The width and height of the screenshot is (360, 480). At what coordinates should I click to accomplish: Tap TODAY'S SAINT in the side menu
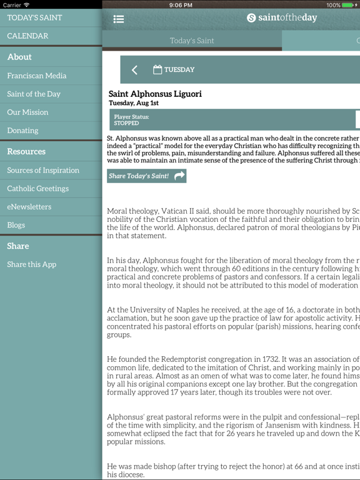click(34, 17)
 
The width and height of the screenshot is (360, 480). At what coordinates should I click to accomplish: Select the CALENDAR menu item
click(27, 36)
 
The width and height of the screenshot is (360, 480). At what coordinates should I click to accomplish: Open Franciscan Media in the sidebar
click(37, 76)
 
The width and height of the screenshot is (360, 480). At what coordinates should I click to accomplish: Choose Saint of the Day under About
click(34, 94)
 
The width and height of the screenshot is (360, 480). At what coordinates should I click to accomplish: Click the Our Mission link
click(27, 112)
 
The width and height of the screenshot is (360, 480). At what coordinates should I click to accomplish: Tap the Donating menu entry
click(22, 131)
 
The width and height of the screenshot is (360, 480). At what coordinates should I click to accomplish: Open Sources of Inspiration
click(43, 170)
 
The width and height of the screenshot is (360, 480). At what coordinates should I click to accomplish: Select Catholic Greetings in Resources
click(38, 188)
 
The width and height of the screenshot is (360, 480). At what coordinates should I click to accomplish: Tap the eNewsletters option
click(29, 207)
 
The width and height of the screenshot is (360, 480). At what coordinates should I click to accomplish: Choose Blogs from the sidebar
click(16, 225)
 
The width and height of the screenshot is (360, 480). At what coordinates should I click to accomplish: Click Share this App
click(32, 264)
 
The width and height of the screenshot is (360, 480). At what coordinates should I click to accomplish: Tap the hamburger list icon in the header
click(119, 19)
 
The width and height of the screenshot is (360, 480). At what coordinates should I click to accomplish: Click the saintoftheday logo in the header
click(282, 18)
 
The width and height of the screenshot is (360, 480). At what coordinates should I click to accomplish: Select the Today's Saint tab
click(192, 41)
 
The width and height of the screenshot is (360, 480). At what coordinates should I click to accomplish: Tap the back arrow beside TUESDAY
click(134, 70)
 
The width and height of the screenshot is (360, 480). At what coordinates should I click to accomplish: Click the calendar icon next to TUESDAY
click(157, 69)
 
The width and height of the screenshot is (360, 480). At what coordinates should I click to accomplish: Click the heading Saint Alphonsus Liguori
click(155, 94)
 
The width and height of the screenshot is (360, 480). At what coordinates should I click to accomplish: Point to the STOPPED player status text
click(127, 123)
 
